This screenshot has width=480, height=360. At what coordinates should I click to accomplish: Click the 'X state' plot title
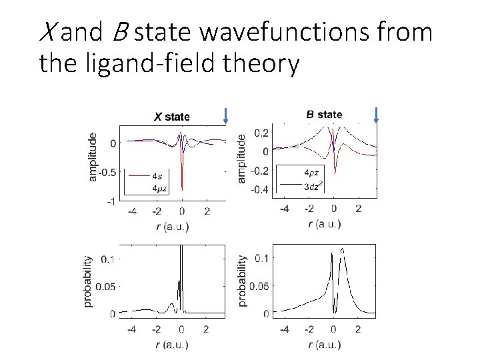coord(171,117)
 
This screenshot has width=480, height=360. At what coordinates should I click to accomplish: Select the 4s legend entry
coord(156,177)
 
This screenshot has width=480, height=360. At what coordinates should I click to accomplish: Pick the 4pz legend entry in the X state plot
coord(158,189)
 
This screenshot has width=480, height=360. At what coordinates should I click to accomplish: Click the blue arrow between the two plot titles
coord(226,115)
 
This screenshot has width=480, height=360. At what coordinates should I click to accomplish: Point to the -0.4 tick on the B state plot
coord(260,189)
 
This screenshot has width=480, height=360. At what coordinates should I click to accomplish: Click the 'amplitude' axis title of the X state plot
coord(92,156)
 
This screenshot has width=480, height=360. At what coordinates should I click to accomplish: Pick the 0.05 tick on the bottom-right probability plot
coord(259,286)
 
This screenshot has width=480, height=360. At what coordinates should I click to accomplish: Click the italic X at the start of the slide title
coord(47,32)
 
